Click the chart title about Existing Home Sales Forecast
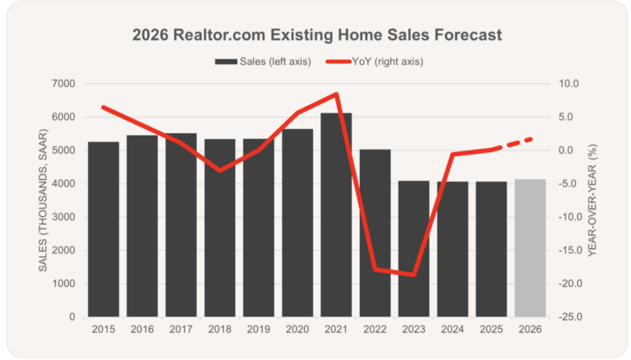(x=316, y=36)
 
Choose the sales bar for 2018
(x=219, y=238)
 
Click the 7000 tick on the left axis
(x=63, y=84)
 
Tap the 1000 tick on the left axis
(x=63, y=284)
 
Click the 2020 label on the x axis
(x=297, y=330)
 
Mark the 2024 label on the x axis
(x=453, y=330)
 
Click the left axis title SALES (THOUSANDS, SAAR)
(x=44, y=201)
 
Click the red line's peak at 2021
(x=336, y=94)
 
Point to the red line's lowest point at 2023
(x=414, y=275)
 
